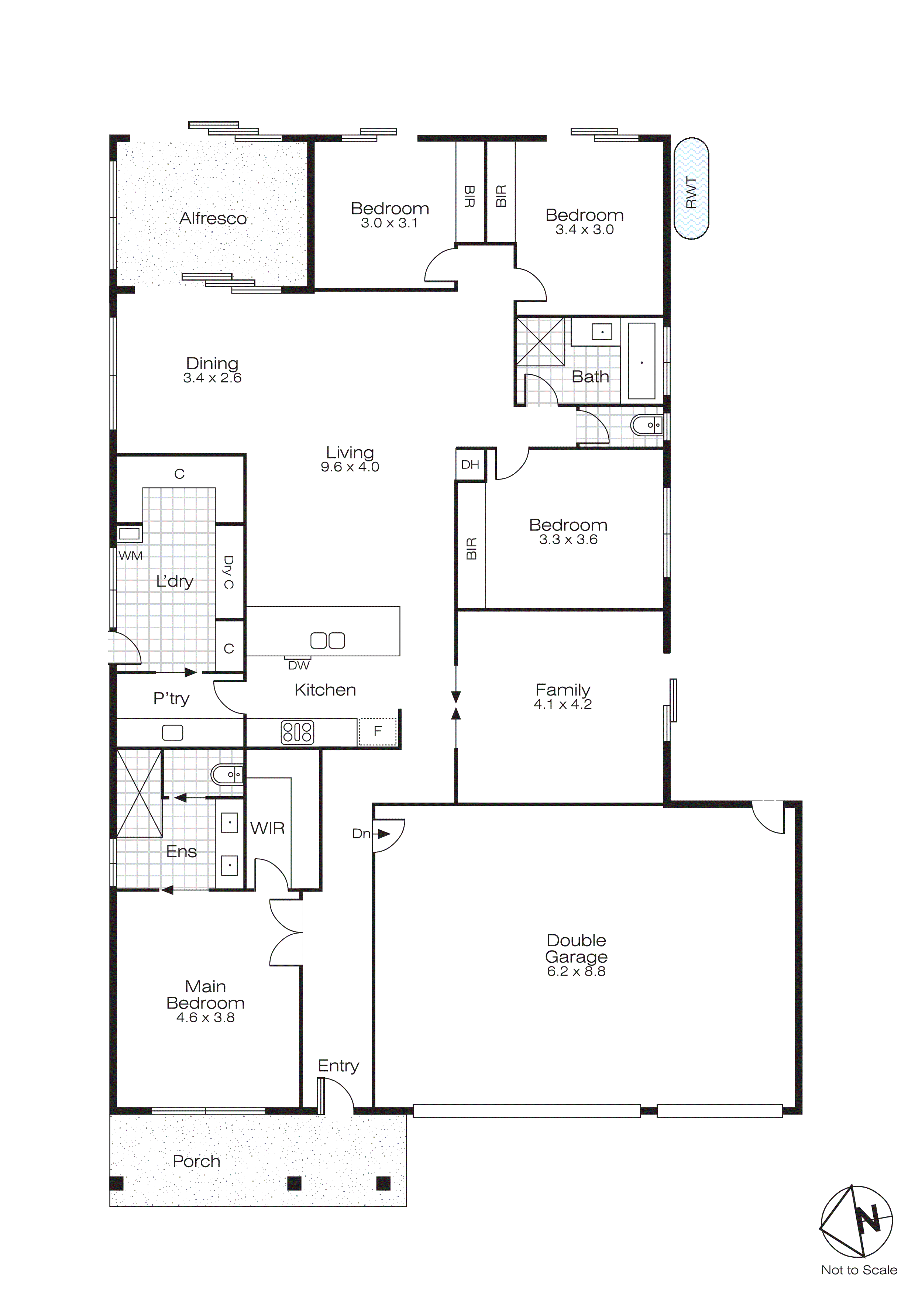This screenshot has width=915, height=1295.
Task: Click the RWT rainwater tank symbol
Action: pyautogui.click(x=691, y=188)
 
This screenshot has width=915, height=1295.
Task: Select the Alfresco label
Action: pyautogui.click(x=213, y=218)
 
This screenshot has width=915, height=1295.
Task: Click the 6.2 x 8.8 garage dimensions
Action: pyautogui.click(x=576, y=971)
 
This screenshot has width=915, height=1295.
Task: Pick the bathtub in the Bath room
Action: pyautogui.click(x=641, y=361)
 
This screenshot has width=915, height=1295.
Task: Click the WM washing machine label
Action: pyautogui.click(x=131, y=556)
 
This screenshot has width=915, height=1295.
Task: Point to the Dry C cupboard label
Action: pyautogui.click(x=228, y=572)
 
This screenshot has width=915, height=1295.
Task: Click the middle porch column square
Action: pyautogui.click(x=294, y=1183)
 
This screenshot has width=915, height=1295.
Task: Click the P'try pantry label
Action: pyautogui.click(x=171, y=699)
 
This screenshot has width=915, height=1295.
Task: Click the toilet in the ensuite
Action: pyautogui.click(x=227, y=775)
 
